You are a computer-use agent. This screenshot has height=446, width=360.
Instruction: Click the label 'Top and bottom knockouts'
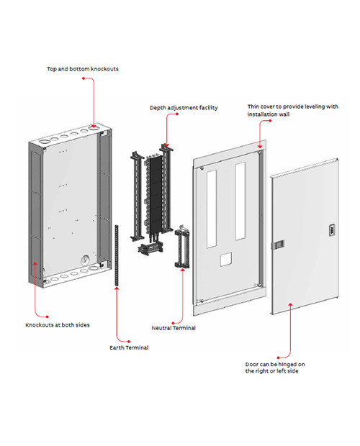point(83,69)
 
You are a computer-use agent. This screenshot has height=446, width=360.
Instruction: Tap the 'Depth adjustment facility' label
point(184,108)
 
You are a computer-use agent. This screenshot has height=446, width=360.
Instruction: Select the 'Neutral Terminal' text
point(174,328)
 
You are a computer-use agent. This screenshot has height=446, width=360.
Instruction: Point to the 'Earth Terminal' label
point(129,347)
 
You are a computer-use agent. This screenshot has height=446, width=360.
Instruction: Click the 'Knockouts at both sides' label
point(58,325)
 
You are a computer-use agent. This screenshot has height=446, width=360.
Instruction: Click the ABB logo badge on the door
point(332,229)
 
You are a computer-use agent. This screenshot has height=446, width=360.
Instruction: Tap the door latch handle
point(278,245)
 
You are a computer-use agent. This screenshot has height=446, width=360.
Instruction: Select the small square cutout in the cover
point(225,260)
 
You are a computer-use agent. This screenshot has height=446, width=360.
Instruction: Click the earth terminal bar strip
point(117,255)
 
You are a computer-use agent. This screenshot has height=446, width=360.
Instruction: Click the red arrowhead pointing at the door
point(290,305)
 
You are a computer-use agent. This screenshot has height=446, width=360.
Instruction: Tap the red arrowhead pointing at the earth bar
point(117,288)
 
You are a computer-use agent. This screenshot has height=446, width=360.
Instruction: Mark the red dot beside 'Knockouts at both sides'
point(48,317)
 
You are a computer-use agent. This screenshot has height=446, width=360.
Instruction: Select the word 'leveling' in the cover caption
point(315,106)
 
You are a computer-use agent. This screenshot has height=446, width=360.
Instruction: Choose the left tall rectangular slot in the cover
point(212,209)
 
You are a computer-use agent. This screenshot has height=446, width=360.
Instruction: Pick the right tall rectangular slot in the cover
point(240,201)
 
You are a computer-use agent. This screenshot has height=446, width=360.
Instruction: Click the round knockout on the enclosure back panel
point(85,260)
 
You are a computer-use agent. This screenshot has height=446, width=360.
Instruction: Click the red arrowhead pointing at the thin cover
point(260,147)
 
